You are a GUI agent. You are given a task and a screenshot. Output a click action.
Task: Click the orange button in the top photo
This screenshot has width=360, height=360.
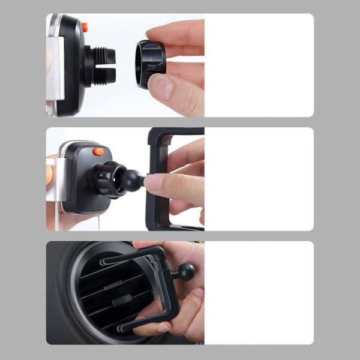pos(85,27)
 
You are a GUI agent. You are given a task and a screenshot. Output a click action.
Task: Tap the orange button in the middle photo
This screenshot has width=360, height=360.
pos(98,151)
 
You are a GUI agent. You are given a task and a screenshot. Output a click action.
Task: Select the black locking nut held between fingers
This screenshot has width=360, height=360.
pos(150,64)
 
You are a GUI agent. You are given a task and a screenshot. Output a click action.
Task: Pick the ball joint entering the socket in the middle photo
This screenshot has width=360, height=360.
pos(131,180)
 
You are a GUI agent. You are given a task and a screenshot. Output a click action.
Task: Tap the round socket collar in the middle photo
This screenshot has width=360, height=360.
pos(109,179)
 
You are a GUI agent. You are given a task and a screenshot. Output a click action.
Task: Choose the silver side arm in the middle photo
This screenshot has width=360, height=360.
pos(56,180)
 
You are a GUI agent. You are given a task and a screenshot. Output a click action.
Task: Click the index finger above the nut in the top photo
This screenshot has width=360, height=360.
pos(180,33)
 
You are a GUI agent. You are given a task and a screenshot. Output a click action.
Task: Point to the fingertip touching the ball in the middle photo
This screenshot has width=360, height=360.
pos(154,183)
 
